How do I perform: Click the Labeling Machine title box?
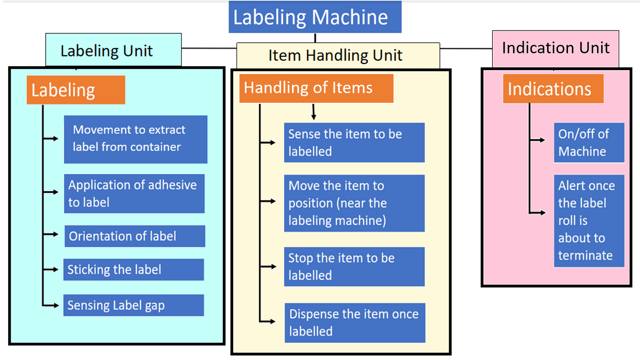click(315, 17)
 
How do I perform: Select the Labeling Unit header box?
click(113, 50)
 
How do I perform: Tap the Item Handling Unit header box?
click(338, 55)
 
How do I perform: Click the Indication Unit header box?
click(555, 49)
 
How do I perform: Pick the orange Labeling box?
click(76, 90)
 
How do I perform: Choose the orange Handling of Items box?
click(316, 88)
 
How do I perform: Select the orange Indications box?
click(553, 89)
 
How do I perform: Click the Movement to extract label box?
click(135, 139)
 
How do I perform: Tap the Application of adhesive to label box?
click(134, 193)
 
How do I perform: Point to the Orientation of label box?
click(135, 236)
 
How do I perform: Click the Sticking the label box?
click(133, 269)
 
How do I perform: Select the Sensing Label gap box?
click(133, 305)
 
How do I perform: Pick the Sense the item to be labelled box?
click(354, 142)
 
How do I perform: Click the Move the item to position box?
click(354, 203)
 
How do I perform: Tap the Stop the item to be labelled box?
click(354, 266)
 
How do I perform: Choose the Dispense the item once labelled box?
click(355, 322)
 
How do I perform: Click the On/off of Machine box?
click(589, 142)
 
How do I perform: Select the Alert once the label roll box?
click(589, 221)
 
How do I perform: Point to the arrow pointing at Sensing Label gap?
click(52, 305)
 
